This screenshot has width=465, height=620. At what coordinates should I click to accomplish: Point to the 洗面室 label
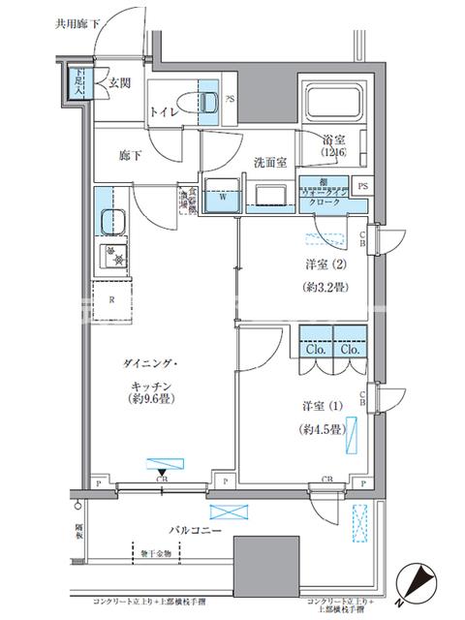tap(270, 163)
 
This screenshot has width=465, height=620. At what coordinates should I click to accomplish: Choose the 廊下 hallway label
tap(131, 153)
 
